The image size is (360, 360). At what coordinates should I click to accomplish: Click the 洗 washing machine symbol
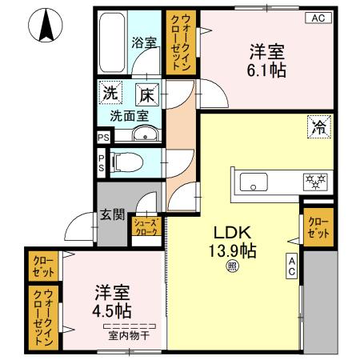pos(110,93)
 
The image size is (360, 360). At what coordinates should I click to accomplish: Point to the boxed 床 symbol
pos(147,94)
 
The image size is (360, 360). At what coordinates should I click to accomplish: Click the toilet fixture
pos(126,163)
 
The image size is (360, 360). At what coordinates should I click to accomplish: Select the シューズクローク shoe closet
pos(146,227)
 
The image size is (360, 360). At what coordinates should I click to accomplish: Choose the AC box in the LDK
pos(292,266)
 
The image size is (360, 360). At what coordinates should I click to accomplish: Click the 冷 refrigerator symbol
pos(318,126)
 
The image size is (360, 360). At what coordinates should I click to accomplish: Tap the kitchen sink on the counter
pos(254,182)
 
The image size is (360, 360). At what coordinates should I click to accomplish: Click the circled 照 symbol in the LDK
pos(231,267)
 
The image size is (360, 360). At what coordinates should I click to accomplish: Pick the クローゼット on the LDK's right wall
pos(316,227)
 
